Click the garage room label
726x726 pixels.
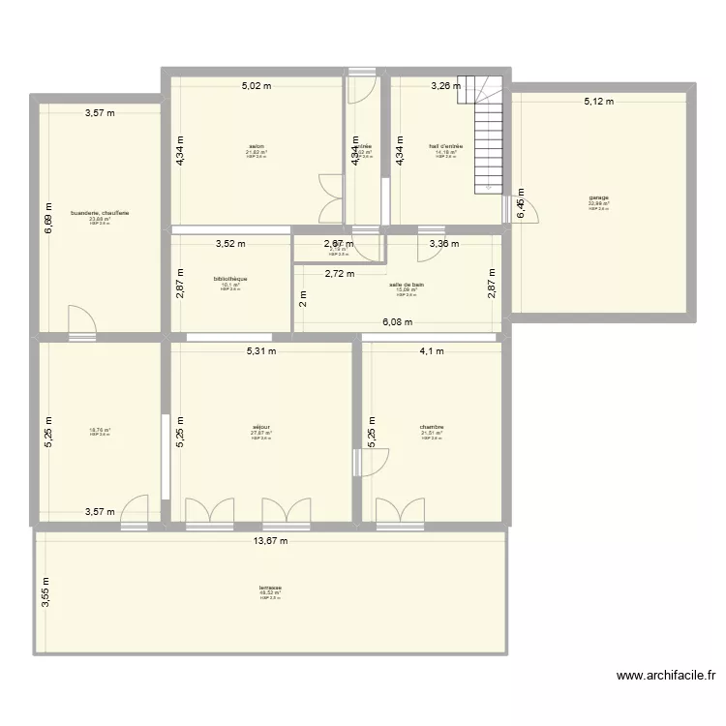click(598, 199)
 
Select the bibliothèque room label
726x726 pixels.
click(230, 279)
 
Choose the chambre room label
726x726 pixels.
click(432, 426)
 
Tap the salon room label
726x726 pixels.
click(257, 146)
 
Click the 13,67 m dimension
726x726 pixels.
click(270, 541)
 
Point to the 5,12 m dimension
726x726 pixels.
click(598, 101)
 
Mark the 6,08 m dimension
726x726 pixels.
click(397, 323)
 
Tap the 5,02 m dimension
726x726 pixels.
click(257, 86)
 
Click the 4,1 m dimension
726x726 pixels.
click(431, 351)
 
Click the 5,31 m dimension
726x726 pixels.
click(260, 351)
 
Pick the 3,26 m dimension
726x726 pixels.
click(446, 86)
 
